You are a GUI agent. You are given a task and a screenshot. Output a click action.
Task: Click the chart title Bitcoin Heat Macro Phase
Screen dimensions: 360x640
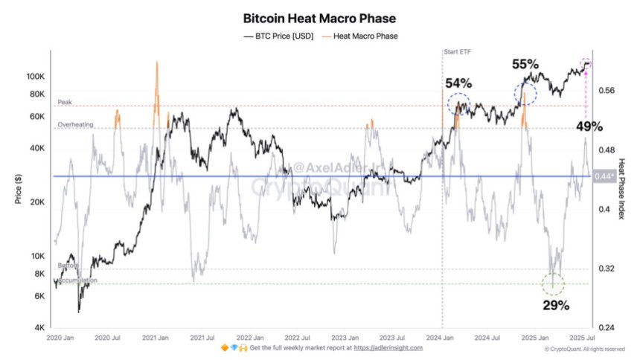click(320, 17)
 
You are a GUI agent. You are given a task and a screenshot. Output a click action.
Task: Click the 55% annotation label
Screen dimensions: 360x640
click(526, 65)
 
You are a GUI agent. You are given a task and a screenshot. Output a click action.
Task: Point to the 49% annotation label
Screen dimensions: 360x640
click(589, 126)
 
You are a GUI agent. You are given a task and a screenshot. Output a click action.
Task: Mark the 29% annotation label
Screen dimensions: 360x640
click(555, 305)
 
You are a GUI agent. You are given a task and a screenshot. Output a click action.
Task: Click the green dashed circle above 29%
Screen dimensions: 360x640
click(553, 283)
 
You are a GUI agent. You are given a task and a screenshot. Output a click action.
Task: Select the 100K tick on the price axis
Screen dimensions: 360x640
click(36, 77)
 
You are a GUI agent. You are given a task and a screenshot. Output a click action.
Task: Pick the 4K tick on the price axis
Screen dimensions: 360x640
click(39, 327)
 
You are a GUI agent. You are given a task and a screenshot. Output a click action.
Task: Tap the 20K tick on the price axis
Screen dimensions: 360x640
click(37, 202)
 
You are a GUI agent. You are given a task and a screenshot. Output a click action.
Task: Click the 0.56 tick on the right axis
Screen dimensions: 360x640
click(607, 91)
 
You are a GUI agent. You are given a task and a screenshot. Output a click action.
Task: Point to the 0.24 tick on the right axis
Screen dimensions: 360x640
click(607, 327)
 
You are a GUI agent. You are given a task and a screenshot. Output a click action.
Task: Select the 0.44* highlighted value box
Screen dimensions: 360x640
click(604, 176)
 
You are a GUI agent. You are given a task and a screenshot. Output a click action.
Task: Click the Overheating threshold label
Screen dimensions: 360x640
click(76, 125)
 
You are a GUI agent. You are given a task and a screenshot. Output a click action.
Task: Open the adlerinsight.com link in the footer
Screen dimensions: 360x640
click(388, 347)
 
